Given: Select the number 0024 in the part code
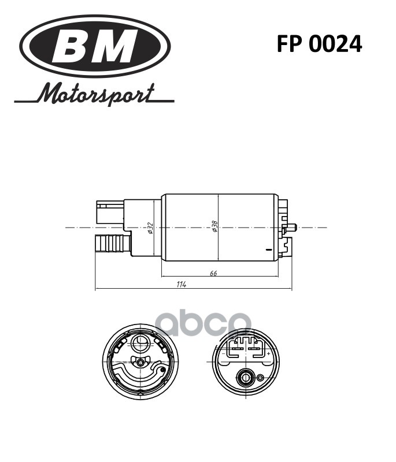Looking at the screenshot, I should point(336,44).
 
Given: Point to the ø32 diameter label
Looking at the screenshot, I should point(150,228).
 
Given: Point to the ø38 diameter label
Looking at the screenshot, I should point(214,227).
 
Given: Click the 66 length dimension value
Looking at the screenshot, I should point(213,273).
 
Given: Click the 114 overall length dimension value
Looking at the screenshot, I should point(181,285).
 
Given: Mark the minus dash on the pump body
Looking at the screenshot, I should point(268,250).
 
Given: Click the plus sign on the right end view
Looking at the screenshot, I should point(269,353).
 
